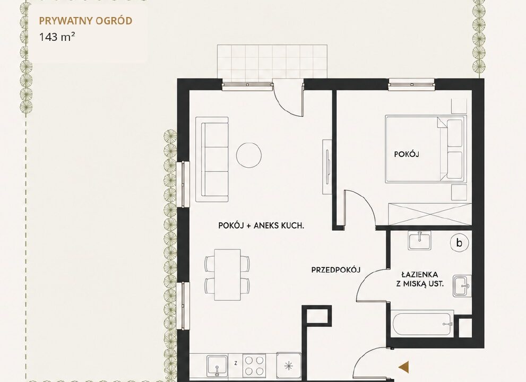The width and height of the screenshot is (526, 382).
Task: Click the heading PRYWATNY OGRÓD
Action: [x=85, y=21]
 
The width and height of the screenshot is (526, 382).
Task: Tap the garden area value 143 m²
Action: [x=57, y=37]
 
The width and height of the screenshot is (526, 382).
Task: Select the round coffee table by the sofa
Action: [x=248, y=155]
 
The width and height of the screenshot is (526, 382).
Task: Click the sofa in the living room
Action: [x=212, y=159]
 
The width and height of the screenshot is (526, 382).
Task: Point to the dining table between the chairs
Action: [x=228, y=274]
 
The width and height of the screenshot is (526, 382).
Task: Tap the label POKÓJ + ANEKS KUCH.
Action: [x=261, y=225]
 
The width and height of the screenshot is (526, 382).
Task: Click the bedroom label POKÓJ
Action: [x=407, y=154]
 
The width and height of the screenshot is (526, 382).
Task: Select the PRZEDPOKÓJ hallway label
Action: [x=336, y=270]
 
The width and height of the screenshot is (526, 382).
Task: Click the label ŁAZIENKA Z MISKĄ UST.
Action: [x=419, y=280]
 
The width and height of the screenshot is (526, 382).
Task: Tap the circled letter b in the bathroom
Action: [x=459, y=242]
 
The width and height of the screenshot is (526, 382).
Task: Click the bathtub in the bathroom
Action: [x=422, y=323]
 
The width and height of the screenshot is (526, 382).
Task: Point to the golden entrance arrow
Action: [x=403, y=367]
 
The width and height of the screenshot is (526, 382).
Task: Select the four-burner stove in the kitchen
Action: [x=254, y=366]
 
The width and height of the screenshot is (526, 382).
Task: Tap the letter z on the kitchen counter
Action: [x=236, y=363]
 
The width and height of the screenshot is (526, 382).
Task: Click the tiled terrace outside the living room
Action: [x=272, y=62]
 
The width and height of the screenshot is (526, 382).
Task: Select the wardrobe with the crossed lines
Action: [x=430, y=214]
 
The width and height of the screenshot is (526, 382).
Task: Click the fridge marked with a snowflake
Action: [x=289, y=366]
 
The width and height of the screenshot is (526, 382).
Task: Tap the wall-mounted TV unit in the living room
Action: [x=327, y=167]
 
